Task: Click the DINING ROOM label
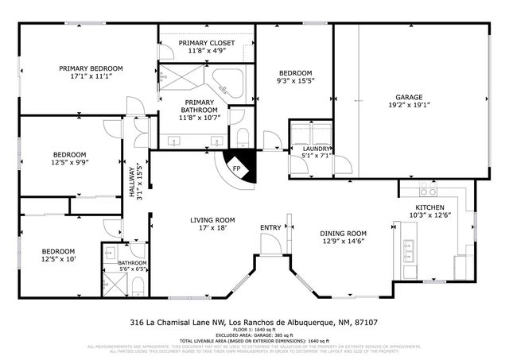click(343, 233)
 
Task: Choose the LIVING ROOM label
click(212, 219)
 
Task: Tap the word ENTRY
click(270, 228)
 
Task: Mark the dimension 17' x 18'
click(212, 228)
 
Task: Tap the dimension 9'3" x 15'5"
click(293, 80)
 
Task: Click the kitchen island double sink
click(409, 252)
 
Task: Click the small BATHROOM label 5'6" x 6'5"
click(133, 262)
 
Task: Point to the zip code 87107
click(366, 323)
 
